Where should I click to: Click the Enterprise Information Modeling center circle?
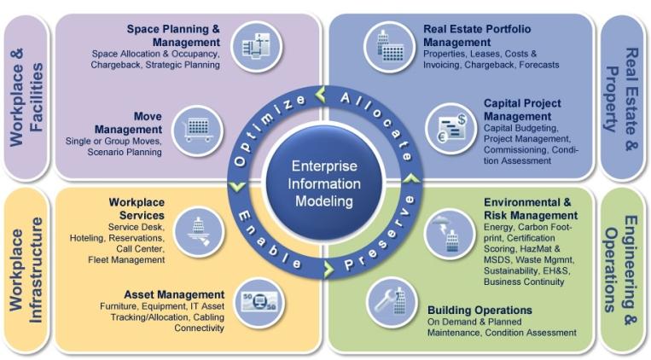(x=324, y=183)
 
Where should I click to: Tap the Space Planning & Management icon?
(x=257, y=46)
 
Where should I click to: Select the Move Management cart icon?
(x=198, y=131)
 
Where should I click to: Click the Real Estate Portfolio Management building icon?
(x=389, y=47)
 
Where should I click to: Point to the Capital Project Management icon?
(x=450, y=129)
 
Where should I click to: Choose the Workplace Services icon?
(x=199, y=232)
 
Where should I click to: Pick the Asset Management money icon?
(x=259, y=302)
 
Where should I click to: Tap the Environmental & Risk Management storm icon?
(x=450, y=235)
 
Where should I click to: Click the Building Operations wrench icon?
(x=392, y=302)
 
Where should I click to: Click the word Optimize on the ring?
(x=269, y=129)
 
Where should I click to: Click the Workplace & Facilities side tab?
(x=26, y=97)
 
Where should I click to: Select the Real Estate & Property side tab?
(x=622, y=98)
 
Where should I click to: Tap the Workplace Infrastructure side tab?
(x=26, y=270)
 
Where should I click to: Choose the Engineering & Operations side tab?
(x=622, y=270)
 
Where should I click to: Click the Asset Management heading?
(x=174, y=295)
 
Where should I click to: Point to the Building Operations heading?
(x=480, y=311)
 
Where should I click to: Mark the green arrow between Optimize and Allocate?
(x=321, y=94)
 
